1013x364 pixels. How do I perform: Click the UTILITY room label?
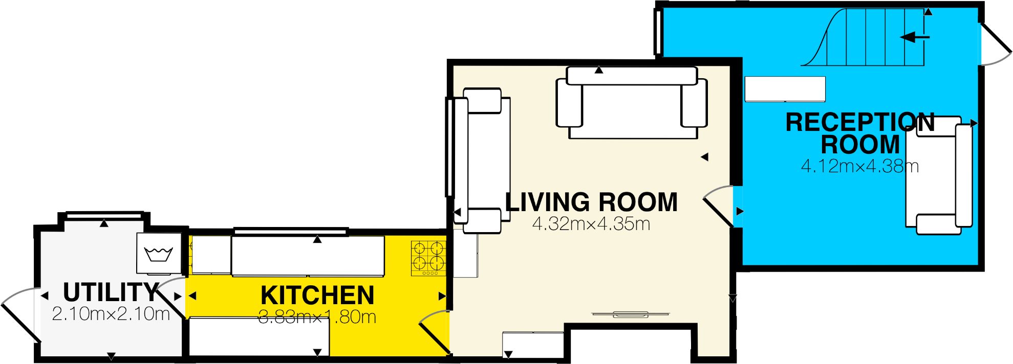[111, 292]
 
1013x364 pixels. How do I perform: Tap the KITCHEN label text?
[317, 295]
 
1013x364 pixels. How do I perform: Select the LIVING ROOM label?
[591, 202]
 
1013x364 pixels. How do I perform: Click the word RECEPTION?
[860, 123]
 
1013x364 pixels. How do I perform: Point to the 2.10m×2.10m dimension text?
[111, 314]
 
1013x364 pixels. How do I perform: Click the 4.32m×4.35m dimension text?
[591, 224]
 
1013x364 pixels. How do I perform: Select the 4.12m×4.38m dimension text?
[860, 166]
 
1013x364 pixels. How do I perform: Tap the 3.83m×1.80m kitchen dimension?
[317, 317]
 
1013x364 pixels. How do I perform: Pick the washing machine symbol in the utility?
[159, 254]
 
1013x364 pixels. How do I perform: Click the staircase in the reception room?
[865, 38]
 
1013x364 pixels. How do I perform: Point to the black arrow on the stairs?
[914, 37]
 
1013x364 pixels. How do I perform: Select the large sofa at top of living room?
[632, 102]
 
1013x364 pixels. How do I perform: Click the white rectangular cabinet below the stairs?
[785, 89]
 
